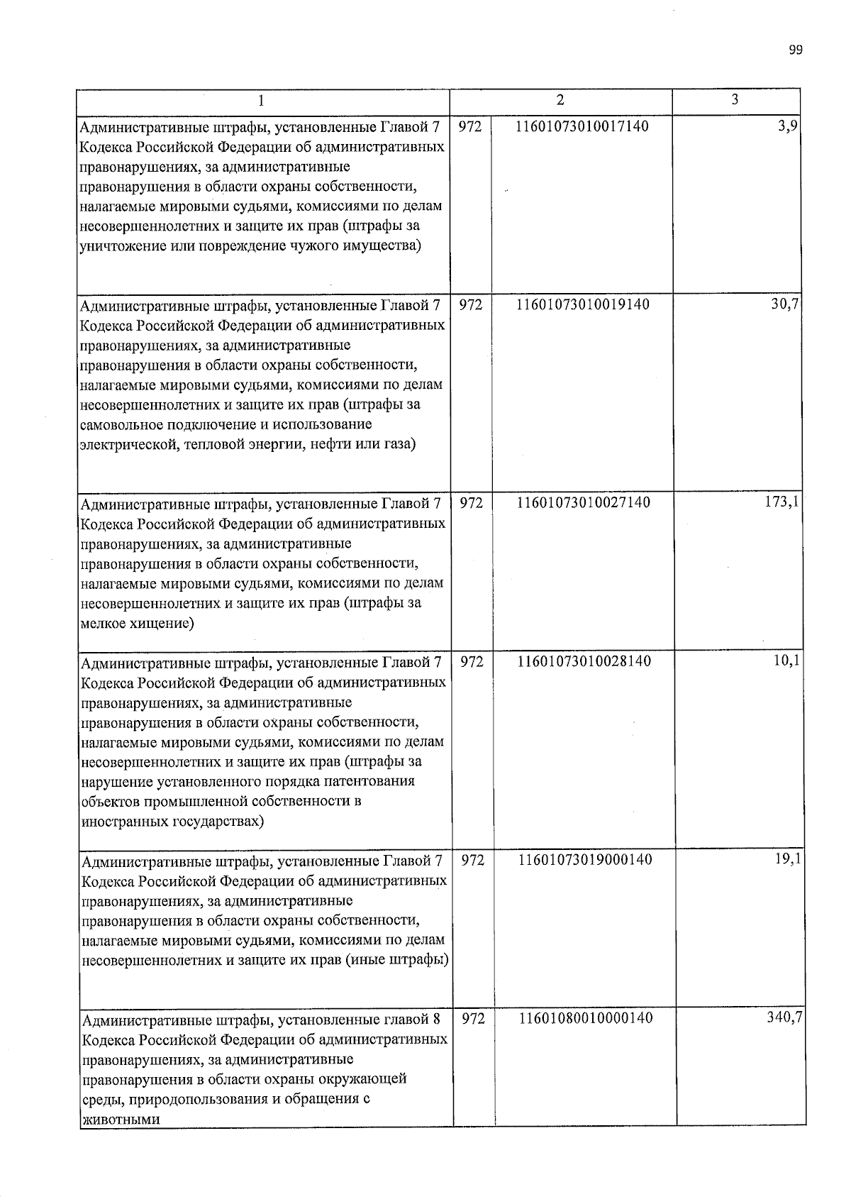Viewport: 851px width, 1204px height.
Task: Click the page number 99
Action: (x=795, y=50)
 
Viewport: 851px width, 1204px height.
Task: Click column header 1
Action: (x=262, y=101)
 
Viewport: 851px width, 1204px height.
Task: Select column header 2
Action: (x=561, y=100)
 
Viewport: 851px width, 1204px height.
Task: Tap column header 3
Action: (x=735, y=99)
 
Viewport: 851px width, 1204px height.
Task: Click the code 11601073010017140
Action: (x=583, y=126)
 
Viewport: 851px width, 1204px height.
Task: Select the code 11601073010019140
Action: (x=583, y=304)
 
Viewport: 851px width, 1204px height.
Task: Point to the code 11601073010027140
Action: (x=584, y=503)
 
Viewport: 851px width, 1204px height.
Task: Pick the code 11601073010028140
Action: (x=584, y=661)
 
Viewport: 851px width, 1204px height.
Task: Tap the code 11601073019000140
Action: (x=585, y=860)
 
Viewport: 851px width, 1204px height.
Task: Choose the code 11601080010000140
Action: (x=586, y=1018)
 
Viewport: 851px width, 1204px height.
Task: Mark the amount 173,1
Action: (x=783, y=502)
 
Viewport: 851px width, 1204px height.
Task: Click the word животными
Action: (x=121, y=1120)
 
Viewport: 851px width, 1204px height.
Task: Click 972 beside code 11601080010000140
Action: (x=473, y=1018)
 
